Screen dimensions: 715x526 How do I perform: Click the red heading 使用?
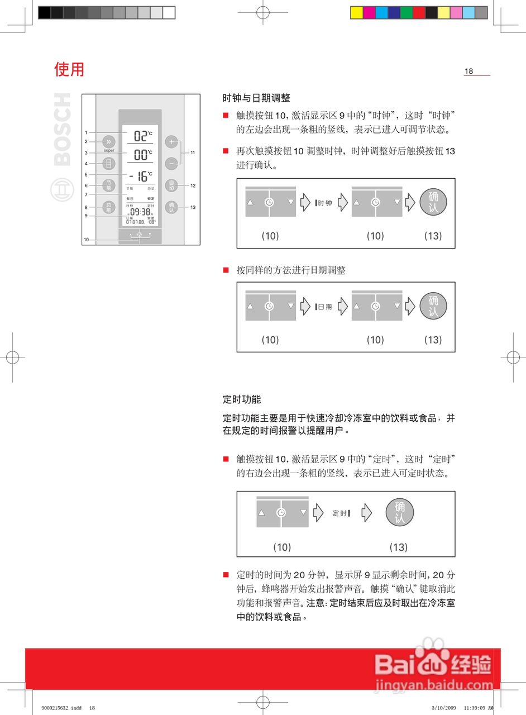point(69,69)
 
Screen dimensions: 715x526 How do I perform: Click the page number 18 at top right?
point(469,71)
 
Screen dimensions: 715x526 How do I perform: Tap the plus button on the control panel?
point(171,142)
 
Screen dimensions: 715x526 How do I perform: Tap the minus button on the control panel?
point(171,164)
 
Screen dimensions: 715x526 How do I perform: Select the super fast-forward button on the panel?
point(109,142)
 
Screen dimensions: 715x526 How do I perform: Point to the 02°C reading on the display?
point(142,136)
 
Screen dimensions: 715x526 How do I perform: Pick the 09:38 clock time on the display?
point(140,212)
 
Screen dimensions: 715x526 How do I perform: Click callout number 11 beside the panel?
point(193,152)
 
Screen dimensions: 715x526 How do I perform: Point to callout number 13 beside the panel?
point(193,207)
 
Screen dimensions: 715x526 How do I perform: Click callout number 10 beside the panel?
point(86,240)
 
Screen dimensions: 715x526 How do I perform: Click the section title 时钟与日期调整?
point(256,98)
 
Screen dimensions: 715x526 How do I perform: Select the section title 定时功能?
point(241,399)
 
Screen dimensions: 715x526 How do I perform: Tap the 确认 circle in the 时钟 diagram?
point(433,202)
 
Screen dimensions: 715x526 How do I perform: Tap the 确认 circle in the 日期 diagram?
point(433,306)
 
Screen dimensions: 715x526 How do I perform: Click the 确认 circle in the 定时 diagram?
point(399,513)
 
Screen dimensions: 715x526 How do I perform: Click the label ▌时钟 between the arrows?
point(323,203)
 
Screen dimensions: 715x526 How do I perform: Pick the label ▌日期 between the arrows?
point(323,307)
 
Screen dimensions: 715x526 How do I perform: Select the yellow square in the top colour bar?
point(356,12)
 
